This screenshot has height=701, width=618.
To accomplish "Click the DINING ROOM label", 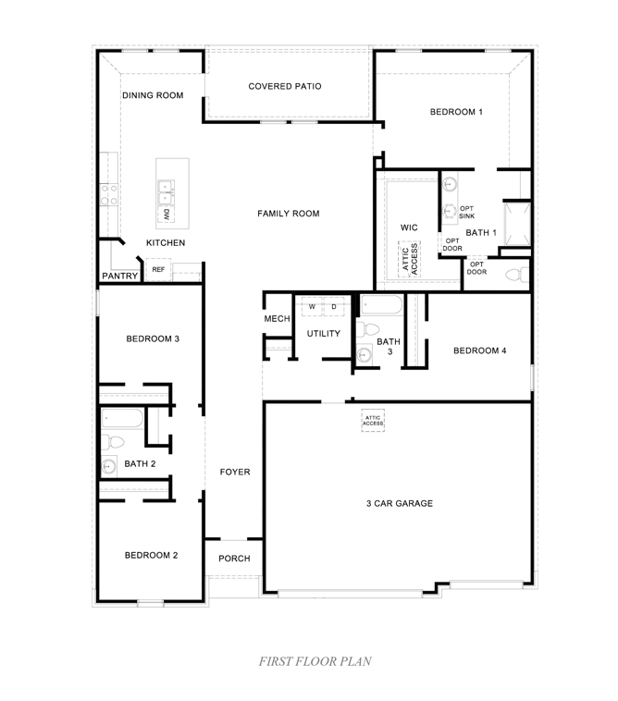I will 153,95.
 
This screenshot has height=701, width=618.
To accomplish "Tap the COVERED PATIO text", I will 285,86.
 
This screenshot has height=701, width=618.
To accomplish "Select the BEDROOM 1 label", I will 456,112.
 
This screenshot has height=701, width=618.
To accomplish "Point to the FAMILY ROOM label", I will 288,214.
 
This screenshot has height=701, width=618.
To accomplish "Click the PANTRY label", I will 119,276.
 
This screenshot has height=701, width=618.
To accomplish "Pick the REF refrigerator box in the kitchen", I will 158,270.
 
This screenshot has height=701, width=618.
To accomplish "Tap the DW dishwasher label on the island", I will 167,215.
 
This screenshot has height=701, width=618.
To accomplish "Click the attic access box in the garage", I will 373,420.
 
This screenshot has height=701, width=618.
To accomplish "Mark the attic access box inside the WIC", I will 409,258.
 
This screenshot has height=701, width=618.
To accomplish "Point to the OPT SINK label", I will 467,212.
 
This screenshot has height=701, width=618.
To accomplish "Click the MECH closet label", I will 277,319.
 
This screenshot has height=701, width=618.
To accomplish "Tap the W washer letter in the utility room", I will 313,306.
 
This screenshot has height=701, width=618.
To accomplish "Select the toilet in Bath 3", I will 371,328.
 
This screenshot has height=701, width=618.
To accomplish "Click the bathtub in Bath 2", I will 121,419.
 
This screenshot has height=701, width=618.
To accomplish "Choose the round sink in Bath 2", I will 109,466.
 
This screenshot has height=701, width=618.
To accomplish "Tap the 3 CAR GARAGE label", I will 400,504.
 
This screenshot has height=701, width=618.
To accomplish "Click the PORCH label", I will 234,559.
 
